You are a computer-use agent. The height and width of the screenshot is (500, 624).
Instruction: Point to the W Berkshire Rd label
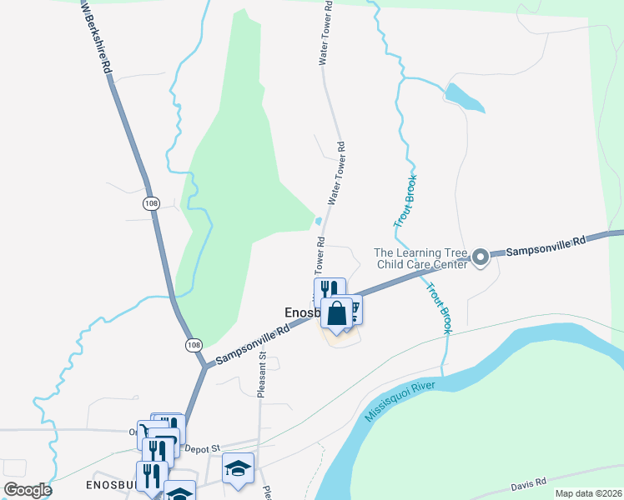click(x=97, y=39)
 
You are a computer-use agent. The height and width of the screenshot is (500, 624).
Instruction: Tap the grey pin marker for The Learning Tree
click(x=481, y=258)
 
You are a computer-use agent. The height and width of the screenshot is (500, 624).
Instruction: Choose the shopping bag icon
click(x=337, y=314)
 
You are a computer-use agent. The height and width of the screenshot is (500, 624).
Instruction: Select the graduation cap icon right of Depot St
click(x=238, y=467)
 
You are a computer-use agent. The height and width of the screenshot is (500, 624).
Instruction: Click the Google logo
click(x=28, y=489)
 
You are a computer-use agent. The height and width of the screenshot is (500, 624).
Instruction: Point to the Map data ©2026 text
click(x=588, y=493)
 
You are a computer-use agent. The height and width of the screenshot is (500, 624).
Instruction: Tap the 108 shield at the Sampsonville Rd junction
click(x=193, y=343)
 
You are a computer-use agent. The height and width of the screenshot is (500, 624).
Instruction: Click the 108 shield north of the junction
click(x=151, y=203)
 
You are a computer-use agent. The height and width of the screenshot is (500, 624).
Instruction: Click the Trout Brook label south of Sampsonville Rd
click(x=439, y=308)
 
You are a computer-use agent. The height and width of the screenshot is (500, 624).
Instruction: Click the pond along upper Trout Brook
click(x=465, y=97)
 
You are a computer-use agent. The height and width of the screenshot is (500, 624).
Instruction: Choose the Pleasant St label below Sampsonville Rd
click(x=261, y=374)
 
